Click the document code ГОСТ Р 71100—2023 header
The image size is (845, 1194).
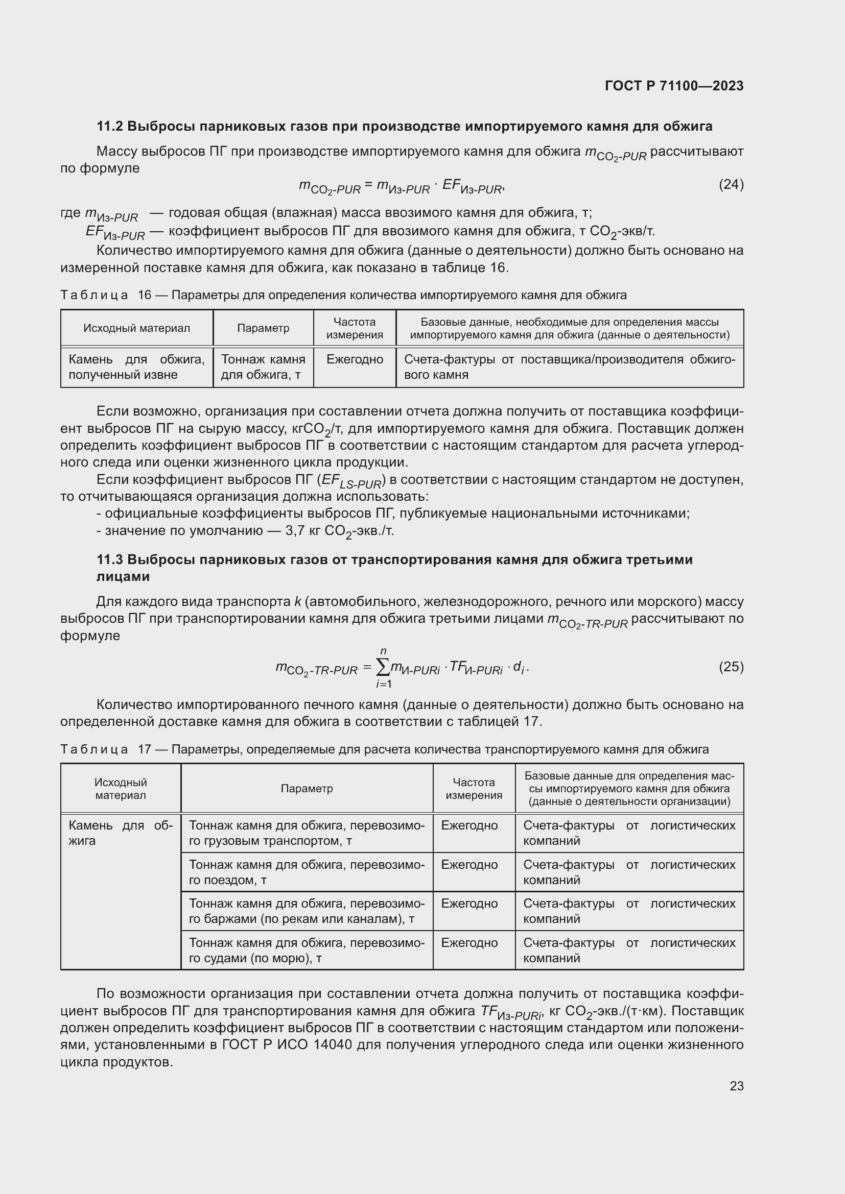(674, 86)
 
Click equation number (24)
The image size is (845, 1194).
(731, 184)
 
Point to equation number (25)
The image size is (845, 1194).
(731, 667)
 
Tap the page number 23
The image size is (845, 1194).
(736, 1086)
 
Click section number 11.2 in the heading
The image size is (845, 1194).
(109, 127)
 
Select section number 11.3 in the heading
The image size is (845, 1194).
(109, 559)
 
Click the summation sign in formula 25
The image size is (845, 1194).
(383, 667)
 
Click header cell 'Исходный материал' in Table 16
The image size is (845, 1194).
(137, 328)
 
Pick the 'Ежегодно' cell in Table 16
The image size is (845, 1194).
(355, 359)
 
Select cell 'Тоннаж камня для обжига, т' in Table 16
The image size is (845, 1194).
(263, 367)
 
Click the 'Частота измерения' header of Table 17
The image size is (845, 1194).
(474, 788)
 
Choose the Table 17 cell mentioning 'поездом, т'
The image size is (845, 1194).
(307, 872)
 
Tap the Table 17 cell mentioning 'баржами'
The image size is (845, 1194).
(307, 911)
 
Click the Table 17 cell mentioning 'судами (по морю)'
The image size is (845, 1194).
(307, 950)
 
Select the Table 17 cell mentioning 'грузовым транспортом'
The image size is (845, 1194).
(307, 833)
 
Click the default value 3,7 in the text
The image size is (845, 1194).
(294, 531)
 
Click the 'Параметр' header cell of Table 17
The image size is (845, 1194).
(307, 788)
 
